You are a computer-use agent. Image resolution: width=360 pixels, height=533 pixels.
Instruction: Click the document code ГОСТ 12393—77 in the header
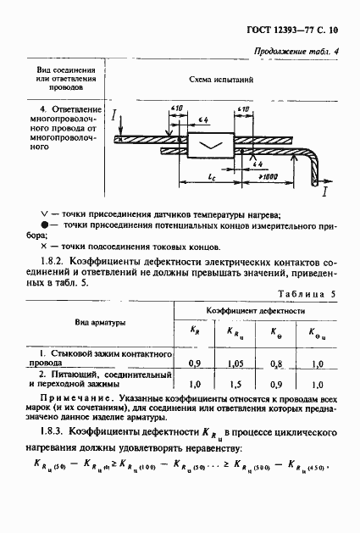288,30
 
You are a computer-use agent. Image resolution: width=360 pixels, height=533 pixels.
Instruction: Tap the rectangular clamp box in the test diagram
208,147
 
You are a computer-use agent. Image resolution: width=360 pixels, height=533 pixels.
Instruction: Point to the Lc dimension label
209,175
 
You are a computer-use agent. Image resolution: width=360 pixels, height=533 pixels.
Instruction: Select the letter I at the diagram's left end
114,113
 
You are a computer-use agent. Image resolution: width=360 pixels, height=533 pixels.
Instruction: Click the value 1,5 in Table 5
231,384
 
